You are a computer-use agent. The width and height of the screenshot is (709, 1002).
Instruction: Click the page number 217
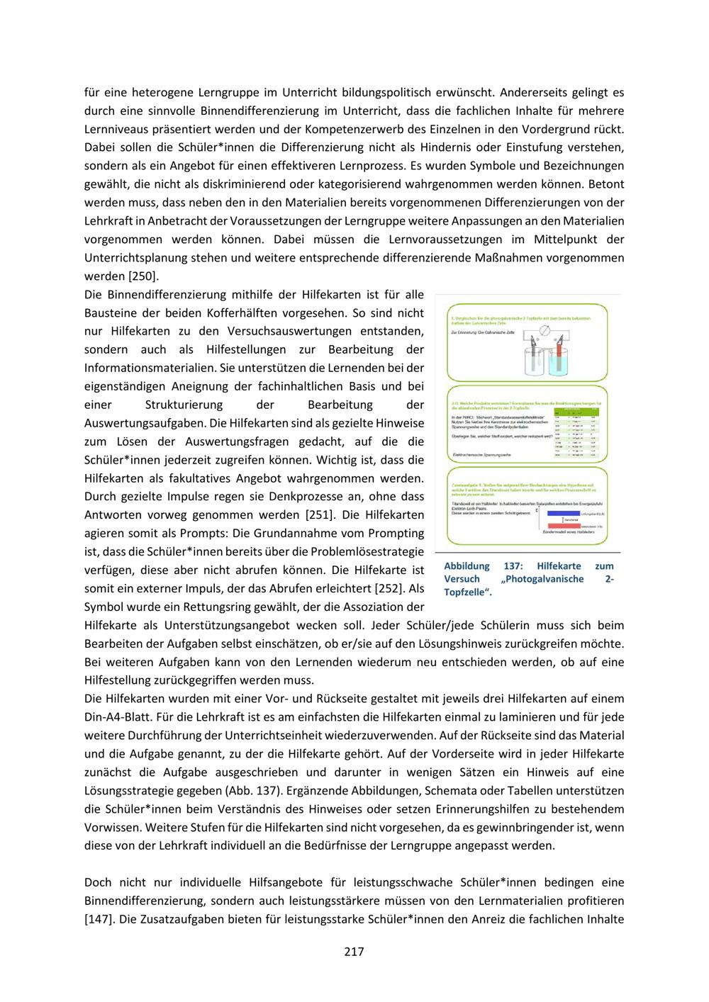point(354,951)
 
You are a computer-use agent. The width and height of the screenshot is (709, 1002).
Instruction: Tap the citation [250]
point(143,276)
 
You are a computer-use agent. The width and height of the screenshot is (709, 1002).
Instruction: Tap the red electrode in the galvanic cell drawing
point(559,350)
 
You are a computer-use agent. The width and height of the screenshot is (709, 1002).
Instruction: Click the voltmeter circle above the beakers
point(545,331)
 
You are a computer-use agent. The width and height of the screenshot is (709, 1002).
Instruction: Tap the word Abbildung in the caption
point(467,566)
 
